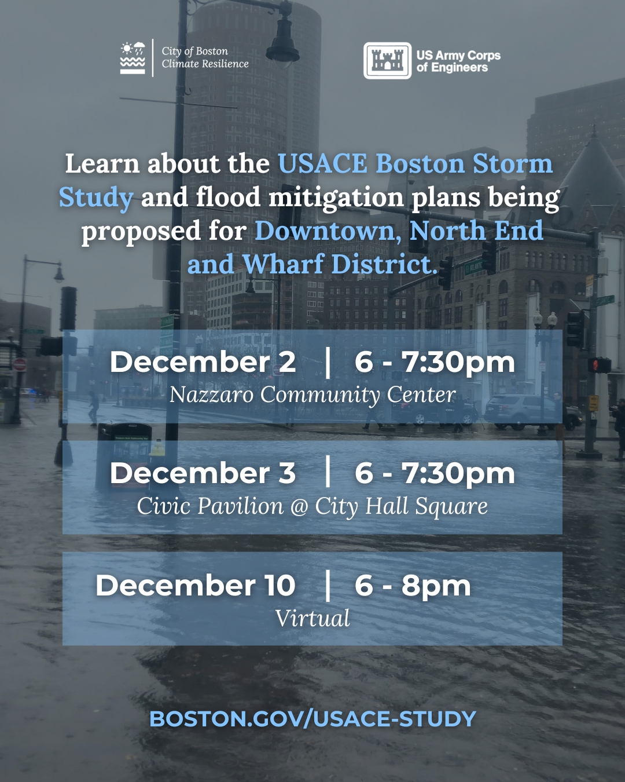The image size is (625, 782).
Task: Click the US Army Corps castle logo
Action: (x=388, y=61)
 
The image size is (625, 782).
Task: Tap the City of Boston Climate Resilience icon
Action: (x=133, y=58)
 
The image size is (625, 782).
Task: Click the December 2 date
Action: (x=203, y=362)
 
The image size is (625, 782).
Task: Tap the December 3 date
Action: (x=203, y=473)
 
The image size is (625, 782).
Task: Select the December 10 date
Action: (x=196, y=586)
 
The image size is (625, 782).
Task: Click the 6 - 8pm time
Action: (x=413, y=586)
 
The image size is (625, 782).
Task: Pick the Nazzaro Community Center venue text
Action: (x=312, y=394)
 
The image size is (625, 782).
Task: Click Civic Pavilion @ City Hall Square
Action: (x=312, y=506)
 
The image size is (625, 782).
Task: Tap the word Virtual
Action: (x=312, y=617)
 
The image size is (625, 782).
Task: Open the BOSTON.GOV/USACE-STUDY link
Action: (x=312, y=718)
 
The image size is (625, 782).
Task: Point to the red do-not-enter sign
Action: (x=20, y=364)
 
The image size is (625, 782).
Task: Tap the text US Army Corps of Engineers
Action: (x=458, y=61)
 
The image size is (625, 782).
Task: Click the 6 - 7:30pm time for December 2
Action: (x=435, y=362)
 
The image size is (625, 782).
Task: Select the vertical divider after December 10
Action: (x=328, y=586)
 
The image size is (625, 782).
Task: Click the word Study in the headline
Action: (x=96, y=198)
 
